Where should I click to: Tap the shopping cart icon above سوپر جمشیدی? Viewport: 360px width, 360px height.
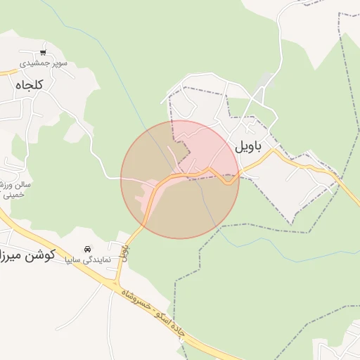pos(44,52)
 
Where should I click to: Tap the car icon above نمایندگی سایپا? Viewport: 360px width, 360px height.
pos(88,249)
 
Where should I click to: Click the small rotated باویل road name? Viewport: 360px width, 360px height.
pos(124,253)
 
